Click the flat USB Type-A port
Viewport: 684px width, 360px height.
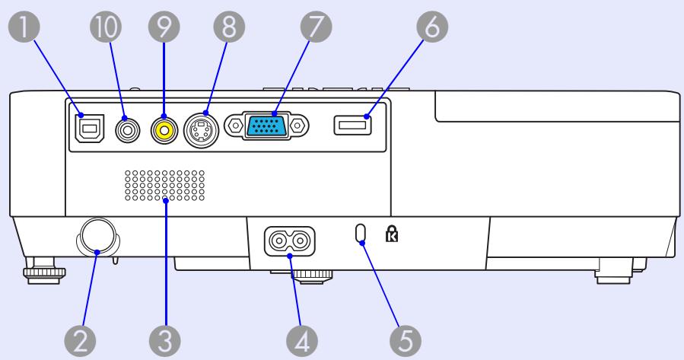[x=352, y=125]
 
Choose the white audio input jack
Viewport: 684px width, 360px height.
[x=126, y=130]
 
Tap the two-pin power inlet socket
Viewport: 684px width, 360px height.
[x=290, y=243]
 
